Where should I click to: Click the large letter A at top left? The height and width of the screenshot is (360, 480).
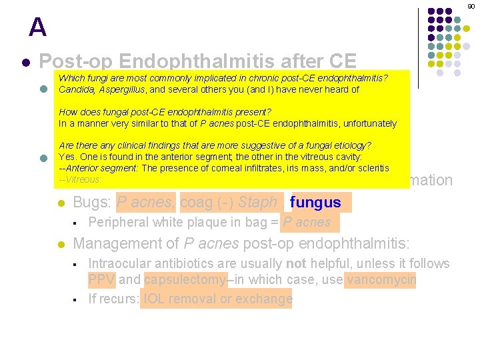click(38, 27)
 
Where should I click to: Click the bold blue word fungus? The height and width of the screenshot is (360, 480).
click(316, 203)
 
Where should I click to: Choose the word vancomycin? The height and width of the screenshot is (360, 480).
click(381, 280)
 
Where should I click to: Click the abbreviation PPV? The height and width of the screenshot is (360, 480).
click(102, 280)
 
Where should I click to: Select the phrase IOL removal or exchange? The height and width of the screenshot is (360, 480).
click(217, 299)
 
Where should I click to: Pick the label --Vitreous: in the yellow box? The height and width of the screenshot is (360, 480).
click(80, 179)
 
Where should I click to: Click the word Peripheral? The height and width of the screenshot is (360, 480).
click(119, 222)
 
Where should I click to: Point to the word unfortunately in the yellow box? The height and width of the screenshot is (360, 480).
click(367, 123)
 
